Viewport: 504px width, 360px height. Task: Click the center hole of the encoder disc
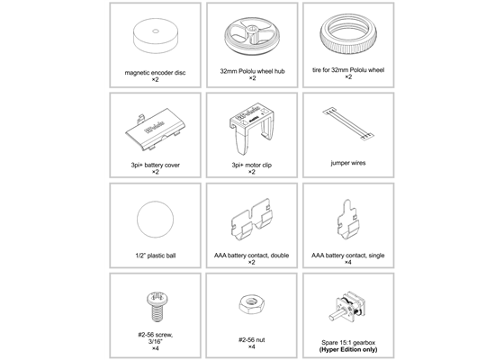point(155,33)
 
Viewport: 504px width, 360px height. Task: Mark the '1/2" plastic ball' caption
point(155,256)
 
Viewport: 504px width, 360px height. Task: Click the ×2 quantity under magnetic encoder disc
point(155,80)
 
